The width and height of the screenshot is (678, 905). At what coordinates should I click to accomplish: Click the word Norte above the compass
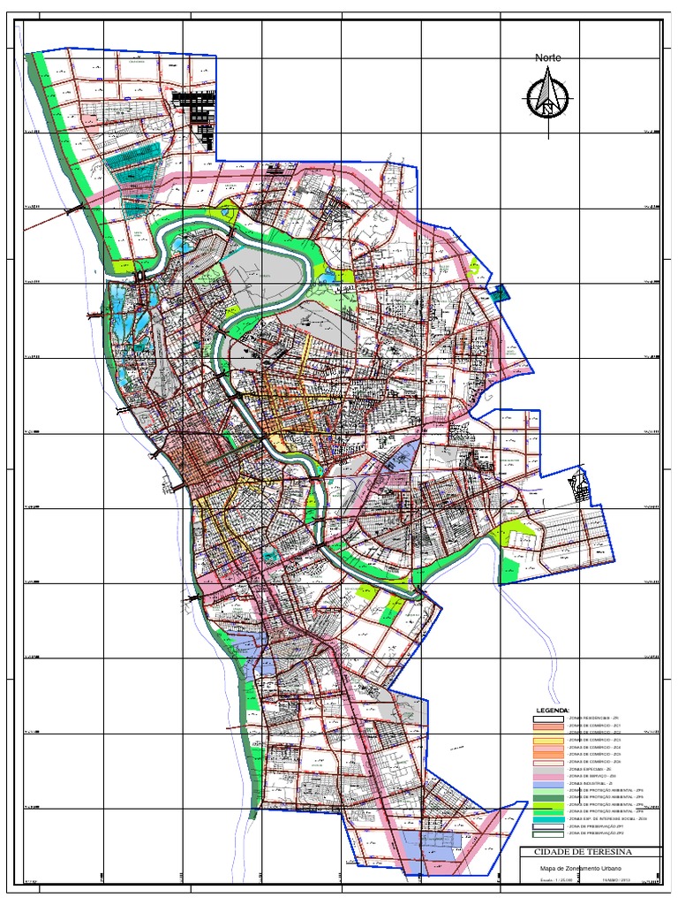(x=547, y=57)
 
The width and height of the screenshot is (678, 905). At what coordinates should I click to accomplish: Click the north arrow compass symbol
(x=547, y=97)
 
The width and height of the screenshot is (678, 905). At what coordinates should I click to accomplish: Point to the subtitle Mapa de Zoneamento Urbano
(x=580, y=868)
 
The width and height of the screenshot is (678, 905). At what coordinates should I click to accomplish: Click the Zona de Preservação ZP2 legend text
(x=596, y=833)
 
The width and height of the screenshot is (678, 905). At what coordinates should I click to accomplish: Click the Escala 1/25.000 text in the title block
(x=556, y=880)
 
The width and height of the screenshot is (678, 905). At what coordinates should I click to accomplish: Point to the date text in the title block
(x=617, y=880)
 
